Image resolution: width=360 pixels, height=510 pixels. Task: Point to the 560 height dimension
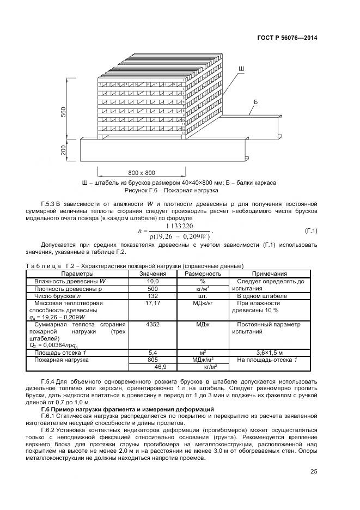click(x=64, y=112)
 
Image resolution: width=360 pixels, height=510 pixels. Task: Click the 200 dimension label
click(x=64, y=150)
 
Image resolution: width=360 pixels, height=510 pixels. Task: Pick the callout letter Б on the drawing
click(x=255, y=102)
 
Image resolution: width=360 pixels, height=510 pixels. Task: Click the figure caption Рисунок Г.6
click(x=172, y=191)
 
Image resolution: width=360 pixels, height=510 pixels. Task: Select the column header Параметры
click(x=77, y=274)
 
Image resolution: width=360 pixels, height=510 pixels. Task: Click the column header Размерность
click(x=203, y=274)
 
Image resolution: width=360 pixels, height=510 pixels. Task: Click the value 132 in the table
click(x=152, y=295)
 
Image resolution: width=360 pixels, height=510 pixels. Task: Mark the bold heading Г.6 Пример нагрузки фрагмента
click(x=127, y=409)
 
